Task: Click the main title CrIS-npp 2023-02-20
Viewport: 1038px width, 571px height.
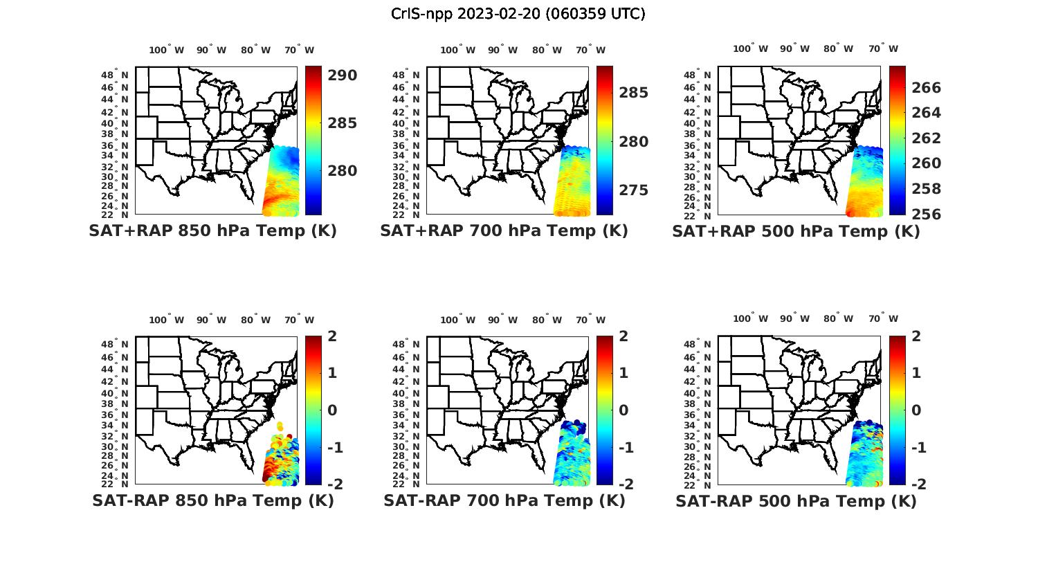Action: tap(518, 14)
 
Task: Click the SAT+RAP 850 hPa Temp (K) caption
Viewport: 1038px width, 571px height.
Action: tap(212, 231)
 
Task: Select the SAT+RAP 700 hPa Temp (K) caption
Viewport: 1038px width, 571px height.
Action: tap(504, 231)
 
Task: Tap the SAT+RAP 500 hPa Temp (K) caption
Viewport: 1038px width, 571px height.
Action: tap(796, 232)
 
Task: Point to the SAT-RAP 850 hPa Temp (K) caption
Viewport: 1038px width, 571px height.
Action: tap(212, 501)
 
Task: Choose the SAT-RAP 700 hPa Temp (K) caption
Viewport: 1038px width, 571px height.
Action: tap(504, 501)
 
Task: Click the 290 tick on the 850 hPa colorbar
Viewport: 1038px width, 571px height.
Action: tap(342, 75)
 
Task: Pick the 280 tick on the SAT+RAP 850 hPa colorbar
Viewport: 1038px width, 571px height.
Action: tap(342, 171)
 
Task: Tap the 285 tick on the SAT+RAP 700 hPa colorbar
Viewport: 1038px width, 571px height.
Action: tap(633, 93)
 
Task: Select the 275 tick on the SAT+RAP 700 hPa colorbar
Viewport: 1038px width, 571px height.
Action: tap(633, 190)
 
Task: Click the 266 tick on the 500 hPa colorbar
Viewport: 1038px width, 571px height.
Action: tap(926, 87)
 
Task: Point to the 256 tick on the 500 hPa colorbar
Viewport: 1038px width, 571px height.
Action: tap(926, 215)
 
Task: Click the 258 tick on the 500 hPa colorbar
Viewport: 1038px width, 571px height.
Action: tap(926, 189)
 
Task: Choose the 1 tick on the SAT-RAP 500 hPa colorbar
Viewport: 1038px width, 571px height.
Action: tap(916, 373)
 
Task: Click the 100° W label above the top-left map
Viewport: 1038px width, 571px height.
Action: tap(166, 50)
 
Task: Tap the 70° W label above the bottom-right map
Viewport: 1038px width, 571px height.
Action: tap(882, 318)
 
